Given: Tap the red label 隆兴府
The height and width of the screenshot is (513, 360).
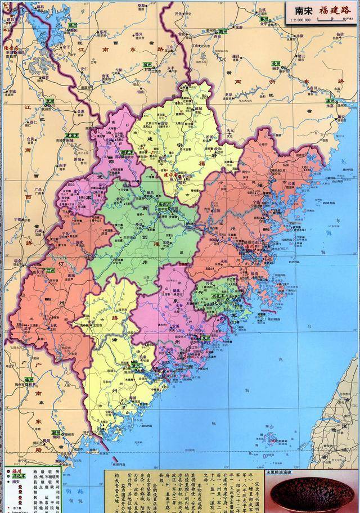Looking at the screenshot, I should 11,49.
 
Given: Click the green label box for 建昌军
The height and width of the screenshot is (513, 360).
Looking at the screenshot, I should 72,135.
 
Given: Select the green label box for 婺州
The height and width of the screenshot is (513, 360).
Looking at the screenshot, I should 263,19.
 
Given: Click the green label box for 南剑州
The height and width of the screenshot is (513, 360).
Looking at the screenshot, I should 165,205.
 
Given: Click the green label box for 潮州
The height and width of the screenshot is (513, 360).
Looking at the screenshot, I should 56,433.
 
